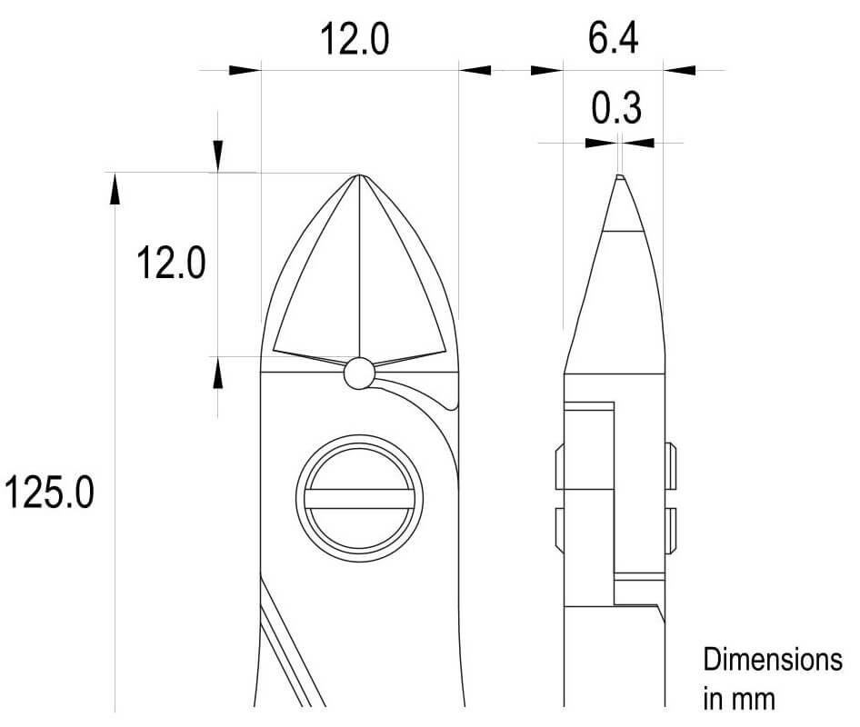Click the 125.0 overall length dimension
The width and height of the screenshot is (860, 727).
[49, 492]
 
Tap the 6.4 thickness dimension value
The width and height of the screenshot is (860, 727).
[614, 38]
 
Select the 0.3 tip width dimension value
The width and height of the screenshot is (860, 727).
[616, 107]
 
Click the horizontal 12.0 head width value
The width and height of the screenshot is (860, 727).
[355, 39]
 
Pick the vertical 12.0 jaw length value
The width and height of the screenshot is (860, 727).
[171, 264]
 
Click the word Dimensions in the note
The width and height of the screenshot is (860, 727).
[773, 659]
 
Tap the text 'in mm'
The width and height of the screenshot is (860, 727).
[739, 699]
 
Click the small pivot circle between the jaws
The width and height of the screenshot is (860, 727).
[359, 373]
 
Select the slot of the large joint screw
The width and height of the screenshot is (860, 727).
[359, 499]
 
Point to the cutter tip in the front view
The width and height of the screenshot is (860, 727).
[359, 175]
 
